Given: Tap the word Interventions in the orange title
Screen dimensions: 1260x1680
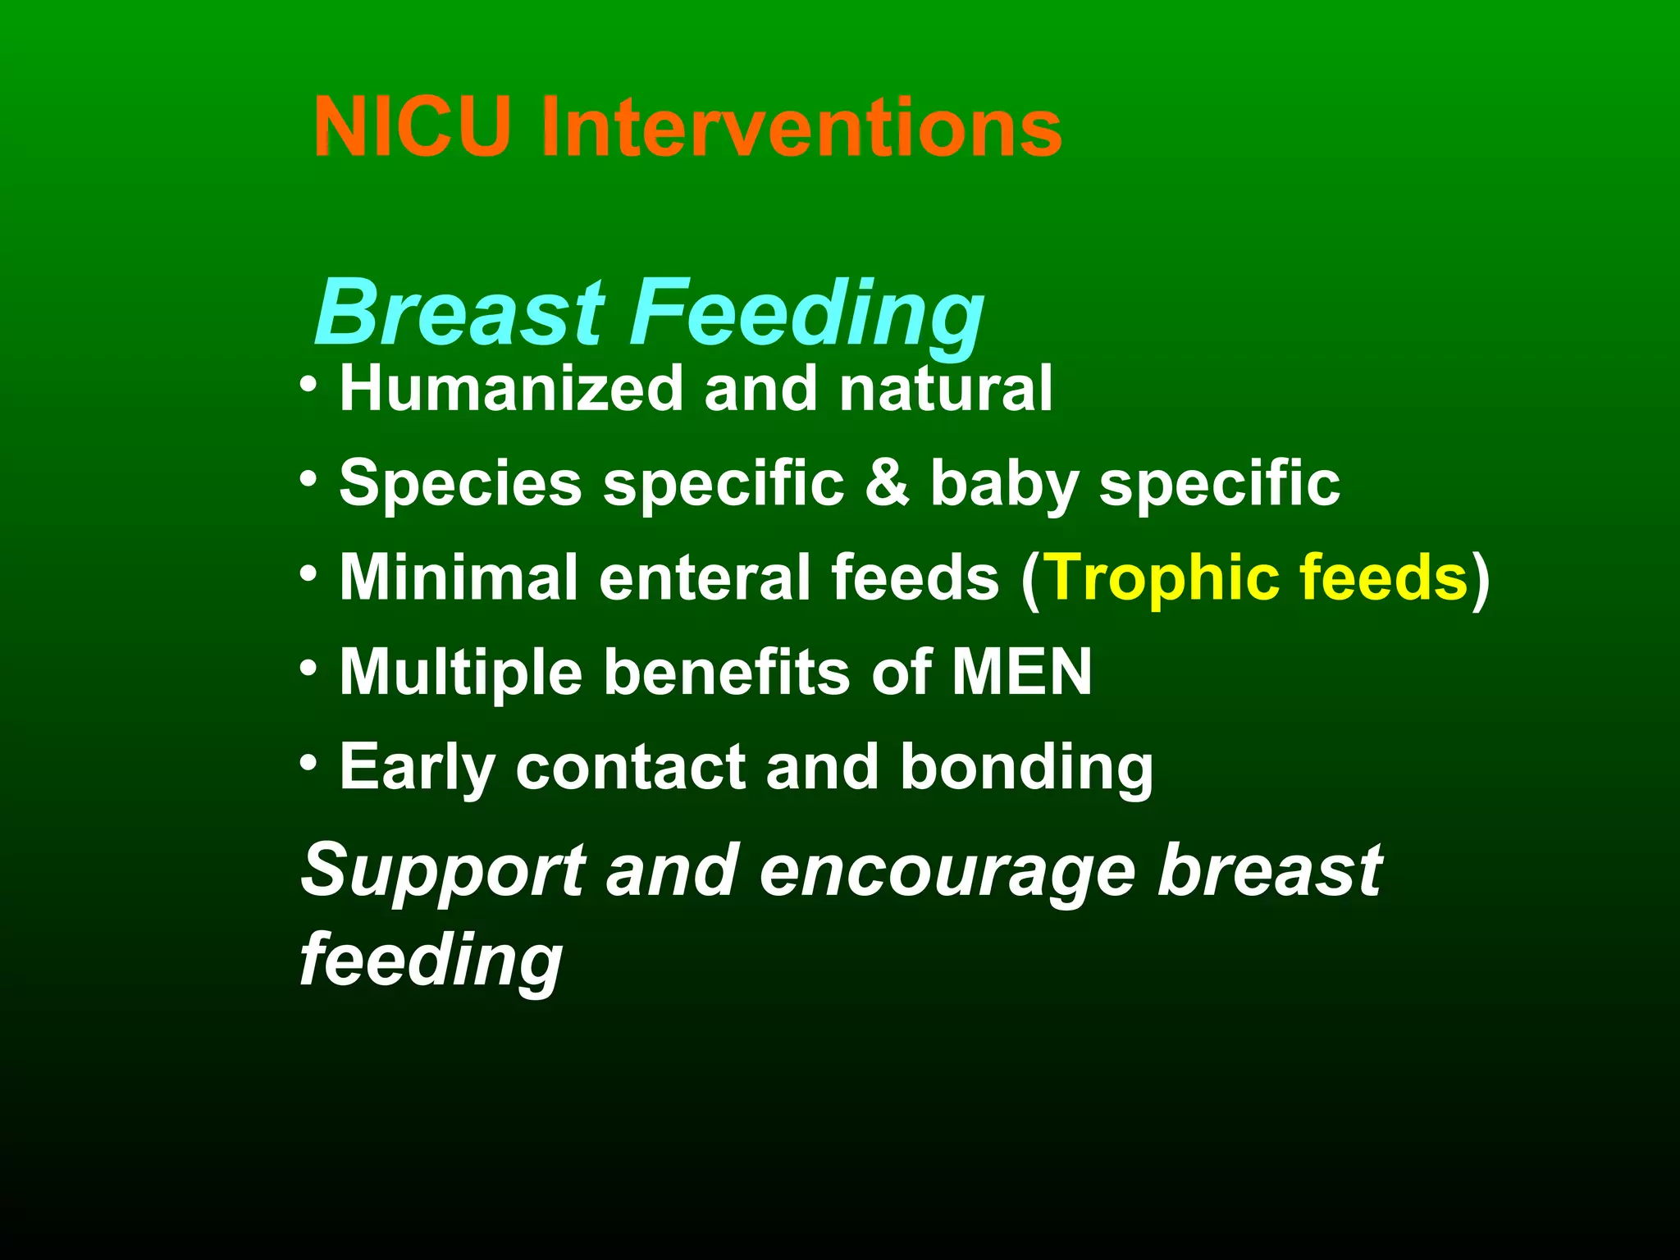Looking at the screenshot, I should click(801, 127).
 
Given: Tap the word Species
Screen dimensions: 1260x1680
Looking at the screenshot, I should click(460, 484).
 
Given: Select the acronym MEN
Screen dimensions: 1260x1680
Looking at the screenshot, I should click(1021, 672).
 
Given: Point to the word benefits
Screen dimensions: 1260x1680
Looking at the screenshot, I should click(727, 672).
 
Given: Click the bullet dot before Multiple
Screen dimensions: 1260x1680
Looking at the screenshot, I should click(308, 669).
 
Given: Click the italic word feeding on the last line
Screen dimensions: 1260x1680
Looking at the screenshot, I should click(431, 960).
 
